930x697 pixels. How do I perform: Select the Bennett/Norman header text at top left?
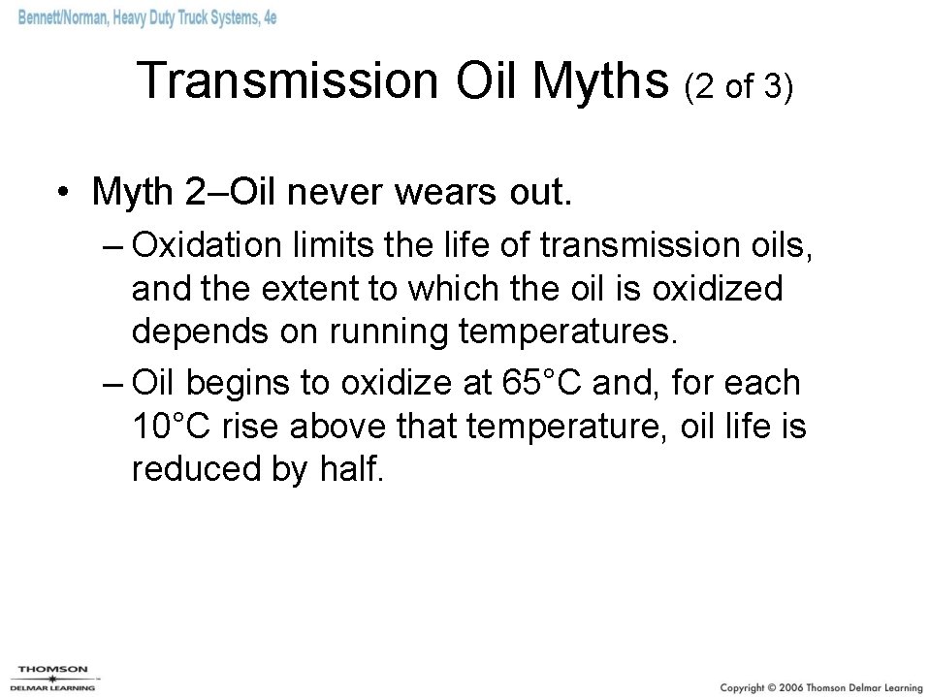(x=146, y=17)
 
